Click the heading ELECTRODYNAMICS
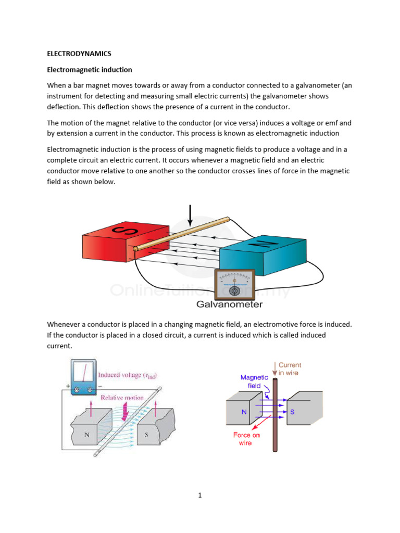coord(79,54)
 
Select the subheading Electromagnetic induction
coord(90,69)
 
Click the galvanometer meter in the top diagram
coord(234,284)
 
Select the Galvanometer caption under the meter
coord(230,305)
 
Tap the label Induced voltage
coord(128,375)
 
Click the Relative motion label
coord(122,397)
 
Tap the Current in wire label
coord(290,369)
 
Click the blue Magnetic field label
coord(254,382)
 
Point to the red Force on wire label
coord(246,439)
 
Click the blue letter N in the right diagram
coord(244,412)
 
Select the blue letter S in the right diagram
coord(292,412)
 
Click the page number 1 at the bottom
coord(199,495)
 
